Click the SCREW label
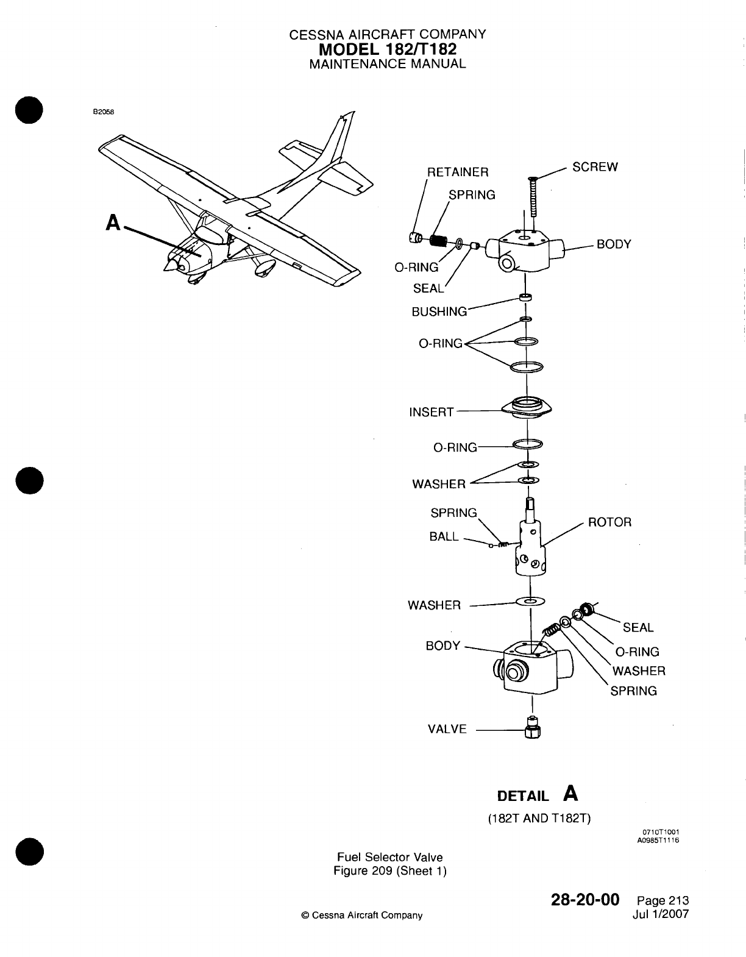pyautogui.click(x=595, y=167)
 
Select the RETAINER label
pyautogui.click(x=458, y=172)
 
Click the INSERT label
pyautogui.click(x=431, y=412)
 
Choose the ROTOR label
pyautogui.click(x=609, y=522)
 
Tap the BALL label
pyautogui.click(x=444, y=537)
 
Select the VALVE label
pyautogui.click(x=447, y=729)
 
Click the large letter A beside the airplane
pyautogui.click(x=113, y=223)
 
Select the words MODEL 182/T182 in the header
pyautogui.click(x=388, y=49)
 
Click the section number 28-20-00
pyautogui.click(x=585, y=899)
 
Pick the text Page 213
pyautogui.click(x=662, y=901)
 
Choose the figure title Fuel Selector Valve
pyautogui.click(x=390, y=857)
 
